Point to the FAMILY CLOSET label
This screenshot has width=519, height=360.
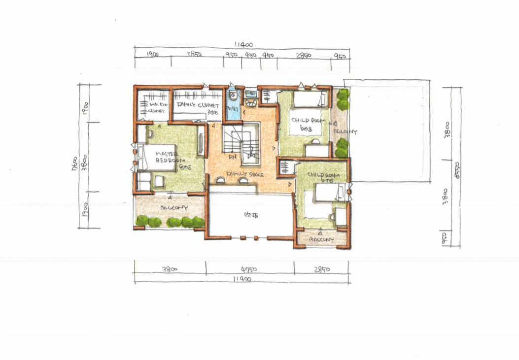coord(198,106)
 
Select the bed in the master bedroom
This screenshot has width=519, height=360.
coord(156,157)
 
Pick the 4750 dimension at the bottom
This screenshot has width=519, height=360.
coord(249,269)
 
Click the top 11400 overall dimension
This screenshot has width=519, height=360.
coord(241,45)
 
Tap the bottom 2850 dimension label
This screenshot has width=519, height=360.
coord(321,269)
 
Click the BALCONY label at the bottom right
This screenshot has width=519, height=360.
coord(321,240)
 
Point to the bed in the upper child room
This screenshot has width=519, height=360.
coord(309,99)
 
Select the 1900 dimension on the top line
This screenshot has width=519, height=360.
coord(152,55)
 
